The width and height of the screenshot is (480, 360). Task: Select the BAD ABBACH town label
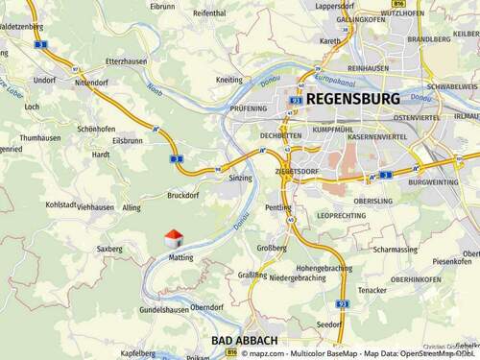tap(245, 341)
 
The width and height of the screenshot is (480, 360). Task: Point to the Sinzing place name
tap(241, 179)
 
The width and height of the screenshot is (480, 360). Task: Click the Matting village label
tap(180, 257)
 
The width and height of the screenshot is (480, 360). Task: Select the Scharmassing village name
tap(396, 250)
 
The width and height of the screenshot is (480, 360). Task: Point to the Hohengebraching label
tap(324, 268)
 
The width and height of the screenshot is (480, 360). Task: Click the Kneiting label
tap(229, 80)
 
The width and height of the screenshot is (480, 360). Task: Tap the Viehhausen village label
tap(95, 206)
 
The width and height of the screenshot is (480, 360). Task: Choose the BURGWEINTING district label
tap(434, 181)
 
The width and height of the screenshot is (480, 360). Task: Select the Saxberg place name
tap(109, 249)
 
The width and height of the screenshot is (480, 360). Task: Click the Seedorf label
tap(328, 324)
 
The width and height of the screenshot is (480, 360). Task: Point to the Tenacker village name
tap(372, 290)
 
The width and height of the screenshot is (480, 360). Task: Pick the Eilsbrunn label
tap(128, 140)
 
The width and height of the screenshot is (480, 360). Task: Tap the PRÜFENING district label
tap(249, 109)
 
